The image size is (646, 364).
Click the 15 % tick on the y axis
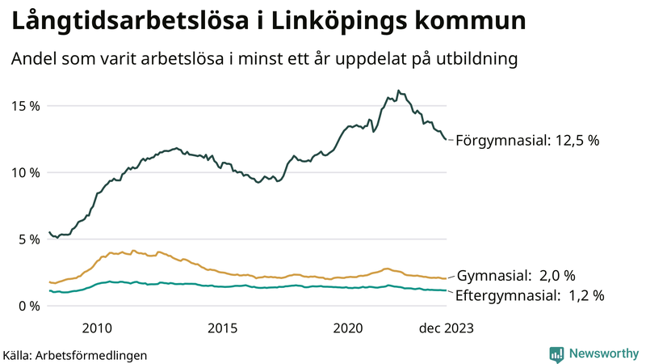pyautogui.click(x=23, y=106)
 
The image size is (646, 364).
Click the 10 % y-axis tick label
pyautogui.click(x=23, y=172)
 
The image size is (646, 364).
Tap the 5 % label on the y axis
pyautogui.click(x=26, y=239)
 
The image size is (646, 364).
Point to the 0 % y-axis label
pyautogui.click(x=26, y=306)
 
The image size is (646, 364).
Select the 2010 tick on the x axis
pyautogui.click(x=97, y=328)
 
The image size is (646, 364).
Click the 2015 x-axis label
pyautogui.click(x=223, y=328)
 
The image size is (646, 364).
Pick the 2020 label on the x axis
pyautogui.click(x=349, y=328)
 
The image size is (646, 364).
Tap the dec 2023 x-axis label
pyautogui.click(x=446, y=328)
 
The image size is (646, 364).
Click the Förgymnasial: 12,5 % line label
pyautogui.click(x=527, y=141)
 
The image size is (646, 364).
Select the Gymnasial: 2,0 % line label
pyautogui.click(x=527, y=276)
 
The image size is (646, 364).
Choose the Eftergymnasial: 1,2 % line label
pyautogui.click(x=530, y=295)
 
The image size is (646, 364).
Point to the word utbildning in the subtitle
pyautogui.click(x=475, y=59)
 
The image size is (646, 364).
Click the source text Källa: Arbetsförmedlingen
pyautogui.click(x=75, y=355)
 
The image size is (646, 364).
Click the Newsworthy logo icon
pyautogui.click(x=556, y=353)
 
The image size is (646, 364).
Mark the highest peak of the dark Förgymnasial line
pyautogui.click(x=398, y=91)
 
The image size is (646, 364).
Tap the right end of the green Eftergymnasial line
pyautogui.click(x=446, y=290)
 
